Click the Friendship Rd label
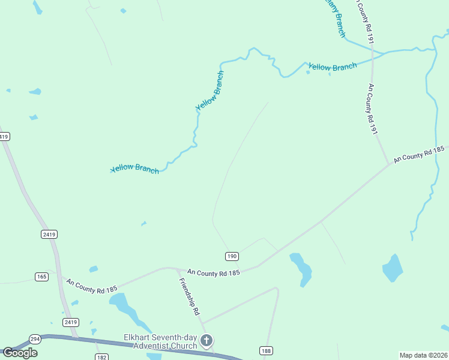[190, 296]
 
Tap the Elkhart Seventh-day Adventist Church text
[161, 341]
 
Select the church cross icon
[206, 341]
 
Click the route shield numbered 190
[232, 256]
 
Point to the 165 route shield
[41, 277]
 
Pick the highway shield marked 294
[35, 338]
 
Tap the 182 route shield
[101, 357]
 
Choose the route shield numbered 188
[267, 350]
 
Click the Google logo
[20, 352]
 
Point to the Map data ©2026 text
[423, 355]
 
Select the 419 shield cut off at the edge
[4, 137]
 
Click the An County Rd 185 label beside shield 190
[213, 272]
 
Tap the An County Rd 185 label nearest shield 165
[92, 286]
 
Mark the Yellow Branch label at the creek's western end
[135, 169]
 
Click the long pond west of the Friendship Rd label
[125, 305]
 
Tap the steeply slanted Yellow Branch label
[210, 91]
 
